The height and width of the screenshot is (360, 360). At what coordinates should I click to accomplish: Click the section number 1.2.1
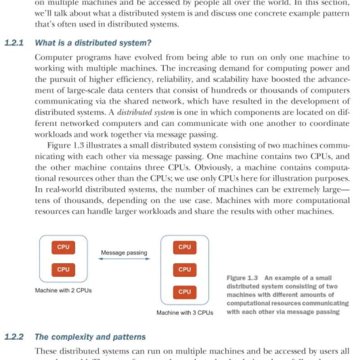14,43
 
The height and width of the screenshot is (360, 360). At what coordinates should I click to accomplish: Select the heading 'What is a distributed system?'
93,43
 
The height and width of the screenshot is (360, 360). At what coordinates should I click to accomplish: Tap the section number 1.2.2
14,337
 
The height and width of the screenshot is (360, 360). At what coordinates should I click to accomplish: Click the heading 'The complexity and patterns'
90,337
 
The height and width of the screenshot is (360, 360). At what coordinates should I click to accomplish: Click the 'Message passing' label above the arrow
124,253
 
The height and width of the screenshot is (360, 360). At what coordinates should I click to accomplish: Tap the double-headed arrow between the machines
124,260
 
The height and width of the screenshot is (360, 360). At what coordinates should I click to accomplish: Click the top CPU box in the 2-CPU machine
63,247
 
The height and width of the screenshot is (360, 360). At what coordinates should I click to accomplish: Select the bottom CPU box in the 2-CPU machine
63,270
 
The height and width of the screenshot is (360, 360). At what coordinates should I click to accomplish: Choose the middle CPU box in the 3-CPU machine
184,270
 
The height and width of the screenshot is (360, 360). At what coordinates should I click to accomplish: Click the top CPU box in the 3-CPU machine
184,247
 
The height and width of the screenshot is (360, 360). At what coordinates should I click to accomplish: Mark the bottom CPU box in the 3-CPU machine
184,292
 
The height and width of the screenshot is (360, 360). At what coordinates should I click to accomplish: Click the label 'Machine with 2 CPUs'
63,291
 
